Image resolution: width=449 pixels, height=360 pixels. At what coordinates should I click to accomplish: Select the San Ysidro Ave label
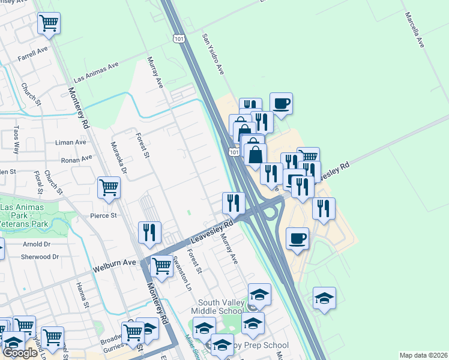(x=212, y=54)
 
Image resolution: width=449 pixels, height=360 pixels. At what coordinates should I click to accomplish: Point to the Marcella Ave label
(x=414, y=30)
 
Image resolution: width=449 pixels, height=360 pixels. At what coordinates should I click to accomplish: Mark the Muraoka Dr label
(x=119, y=157)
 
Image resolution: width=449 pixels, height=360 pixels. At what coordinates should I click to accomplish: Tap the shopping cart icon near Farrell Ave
(x=49, y=23)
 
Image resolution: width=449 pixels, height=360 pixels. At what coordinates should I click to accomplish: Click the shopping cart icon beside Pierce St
(x=109, y=187)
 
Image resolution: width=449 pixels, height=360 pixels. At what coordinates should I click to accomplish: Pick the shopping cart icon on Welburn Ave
(x=161, y=266)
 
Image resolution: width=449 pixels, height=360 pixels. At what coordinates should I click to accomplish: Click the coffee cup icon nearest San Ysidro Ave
(x=281, y=103)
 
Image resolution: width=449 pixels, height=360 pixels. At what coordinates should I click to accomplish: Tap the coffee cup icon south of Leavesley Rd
(x=298, y=239)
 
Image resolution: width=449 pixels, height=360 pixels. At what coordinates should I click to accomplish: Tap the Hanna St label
(x=83, y=295)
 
